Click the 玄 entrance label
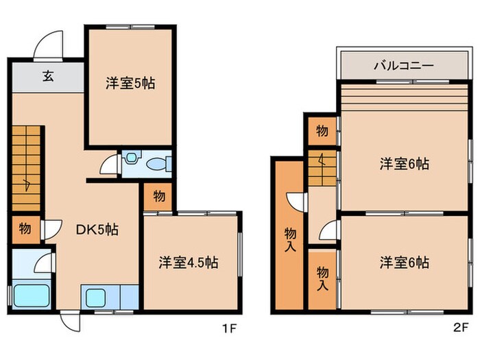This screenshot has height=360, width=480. (x=48, y=75)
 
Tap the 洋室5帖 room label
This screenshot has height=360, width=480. (x=130, y=84)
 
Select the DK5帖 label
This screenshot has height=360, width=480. (x=96, y=230)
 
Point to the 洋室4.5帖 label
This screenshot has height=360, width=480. (x=188, y=263)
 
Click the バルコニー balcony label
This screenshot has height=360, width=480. (x=403, y=67)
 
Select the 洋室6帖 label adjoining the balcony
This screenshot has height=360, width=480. (x=405, y=164)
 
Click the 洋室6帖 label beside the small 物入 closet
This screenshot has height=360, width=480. (x=405, y=263)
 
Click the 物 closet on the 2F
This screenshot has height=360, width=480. (x=322, y=130)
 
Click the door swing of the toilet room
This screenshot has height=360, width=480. (x=108, y=165)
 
